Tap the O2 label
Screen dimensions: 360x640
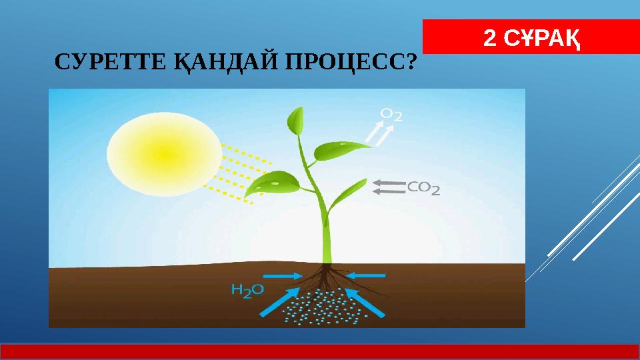coord(391,116)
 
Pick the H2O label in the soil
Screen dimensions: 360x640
coord(247,289)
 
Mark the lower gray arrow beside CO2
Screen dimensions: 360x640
coord(388,192)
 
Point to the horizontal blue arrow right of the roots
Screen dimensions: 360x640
coord(367,274)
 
